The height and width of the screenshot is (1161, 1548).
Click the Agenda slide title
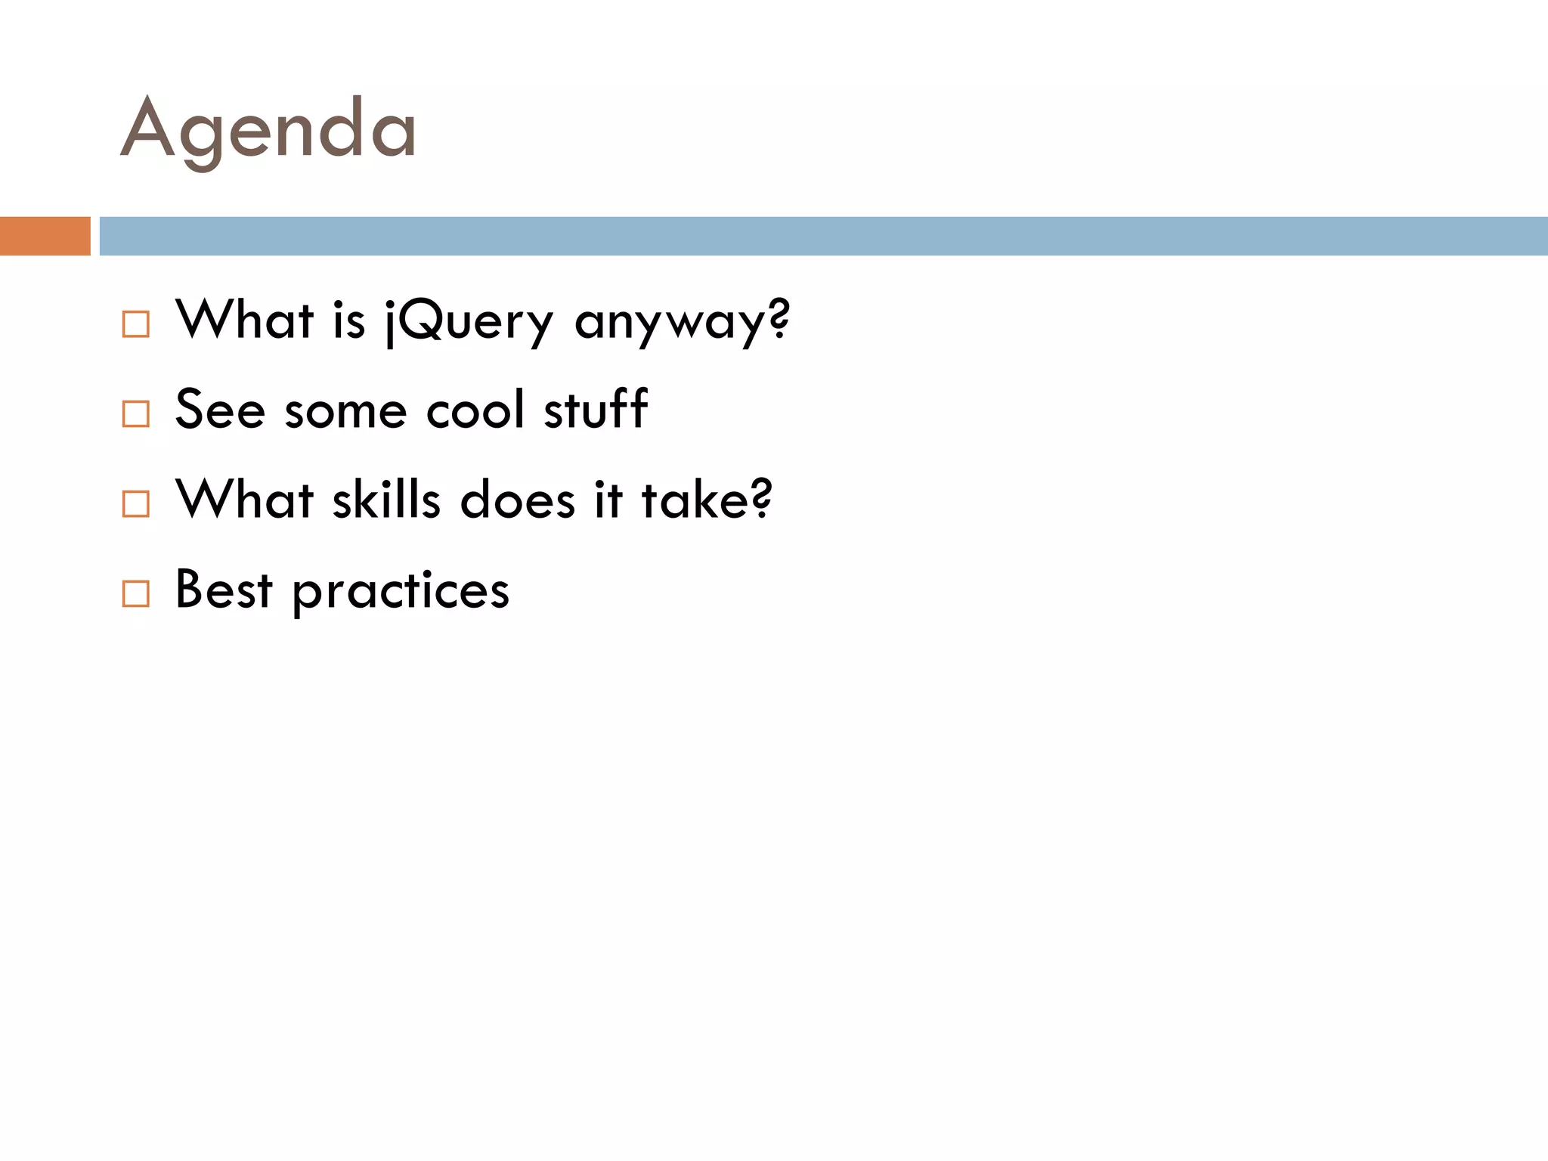click(268, 130)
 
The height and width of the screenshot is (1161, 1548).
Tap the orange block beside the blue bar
click(45, 236)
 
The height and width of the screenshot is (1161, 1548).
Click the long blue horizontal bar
click(823, 236)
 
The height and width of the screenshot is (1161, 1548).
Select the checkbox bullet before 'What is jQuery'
click(136, 324)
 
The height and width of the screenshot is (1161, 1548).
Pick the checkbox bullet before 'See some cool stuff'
click(136, 413)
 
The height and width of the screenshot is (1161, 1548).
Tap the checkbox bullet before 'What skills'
click(136, 503)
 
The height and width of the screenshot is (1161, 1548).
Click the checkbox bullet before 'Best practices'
click(136, 593)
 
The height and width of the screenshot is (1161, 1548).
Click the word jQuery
click(469, 321)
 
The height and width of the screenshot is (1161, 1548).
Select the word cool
click(475, 410)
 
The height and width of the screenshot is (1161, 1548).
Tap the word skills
click(386, 500)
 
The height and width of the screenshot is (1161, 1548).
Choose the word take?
click(707, 500)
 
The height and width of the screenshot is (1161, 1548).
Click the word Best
click(223, 590)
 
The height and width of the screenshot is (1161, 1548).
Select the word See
click(220, 410)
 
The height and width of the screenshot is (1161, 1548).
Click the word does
click(518, 500)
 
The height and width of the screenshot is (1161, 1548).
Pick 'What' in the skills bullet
click(244, 500)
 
